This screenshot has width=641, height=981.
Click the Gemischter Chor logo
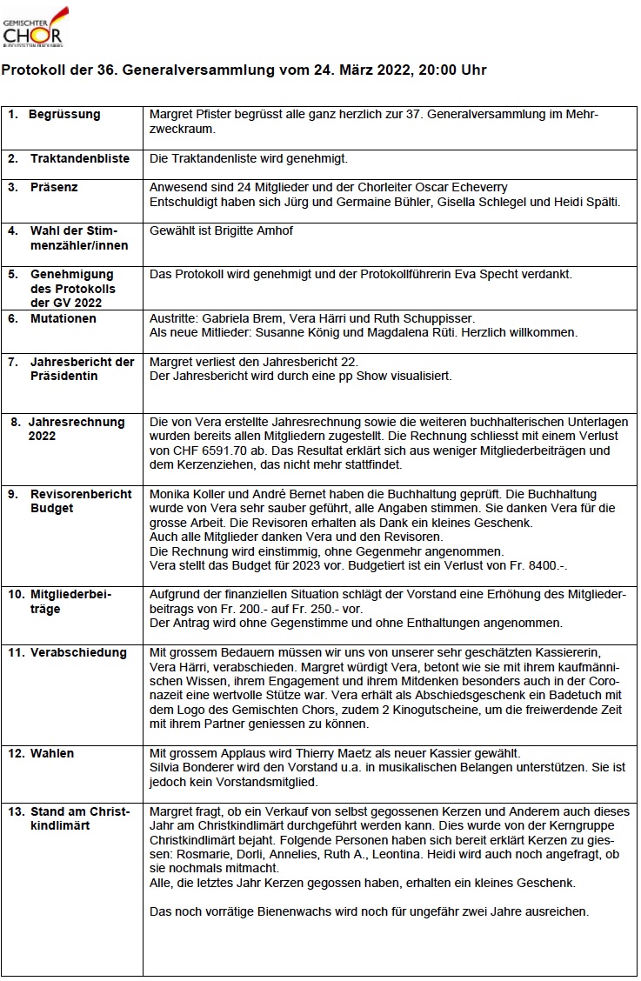point(35,26)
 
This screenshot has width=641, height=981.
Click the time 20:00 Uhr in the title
point(452,70)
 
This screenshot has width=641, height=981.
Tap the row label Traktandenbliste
point(80,159)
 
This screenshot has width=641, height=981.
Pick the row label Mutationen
point(63,319)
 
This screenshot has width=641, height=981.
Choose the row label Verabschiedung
point(78,653)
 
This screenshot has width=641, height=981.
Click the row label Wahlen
point(52,754)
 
